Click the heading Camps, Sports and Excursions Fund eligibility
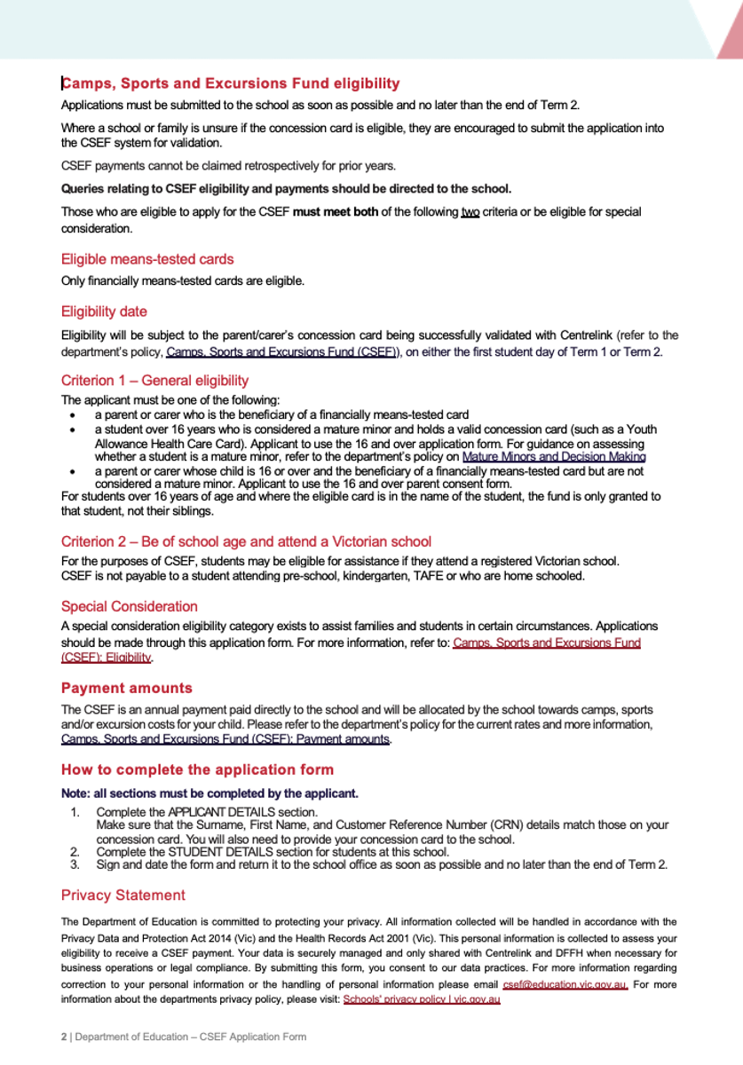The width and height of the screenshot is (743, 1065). coord(231,84)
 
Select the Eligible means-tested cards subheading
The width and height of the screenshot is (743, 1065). coord(147,259)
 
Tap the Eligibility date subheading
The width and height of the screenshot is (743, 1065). coord(104,312)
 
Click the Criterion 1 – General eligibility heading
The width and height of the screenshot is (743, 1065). coord(154,381)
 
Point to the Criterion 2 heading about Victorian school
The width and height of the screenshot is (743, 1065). coord(246,541)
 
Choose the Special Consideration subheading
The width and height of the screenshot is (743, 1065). coord(130,606)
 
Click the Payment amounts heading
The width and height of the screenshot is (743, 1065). coord(126,688)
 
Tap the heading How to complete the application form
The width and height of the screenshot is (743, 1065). coord(197,769)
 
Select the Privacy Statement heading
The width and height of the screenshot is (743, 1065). coord(123,895)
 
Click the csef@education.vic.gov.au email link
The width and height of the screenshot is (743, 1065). coord(565,985)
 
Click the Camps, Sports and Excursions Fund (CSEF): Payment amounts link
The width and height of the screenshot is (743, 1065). coord(225,739)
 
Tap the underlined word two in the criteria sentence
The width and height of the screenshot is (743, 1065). coord(470,212)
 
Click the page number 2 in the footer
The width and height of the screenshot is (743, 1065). coord(64,1037)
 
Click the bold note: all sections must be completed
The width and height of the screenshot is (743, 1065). coord(209,793)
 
